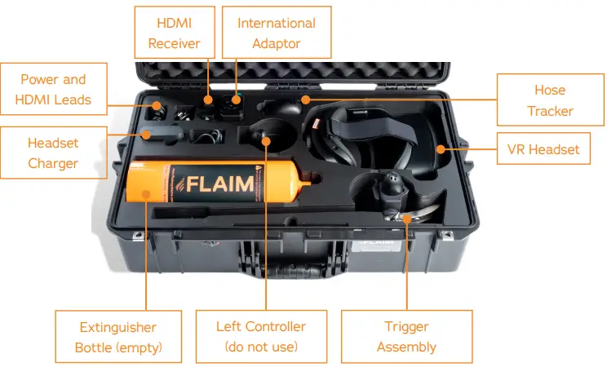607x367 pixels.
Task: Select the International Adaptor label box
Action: point(277,33)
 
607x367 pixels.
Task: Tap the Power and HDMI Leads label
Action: point(53,90)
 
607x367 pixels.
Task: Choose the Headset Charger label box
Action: point(53,153)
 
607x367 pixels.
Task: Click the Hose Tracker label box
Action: point(550,99)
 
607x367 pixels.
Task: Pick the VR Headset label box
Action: point(543,149)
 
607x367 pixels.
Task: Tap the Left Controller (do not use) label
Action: point(261,337)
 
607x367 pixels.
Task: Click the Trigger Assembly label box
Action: point(406,337)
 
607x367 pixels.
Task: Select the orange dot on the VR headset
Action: point(440,149)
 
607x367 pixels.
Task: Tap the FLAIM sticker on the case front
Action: point(376,244)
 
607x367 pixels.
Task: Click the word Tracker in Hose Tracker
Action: point(550,110)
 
